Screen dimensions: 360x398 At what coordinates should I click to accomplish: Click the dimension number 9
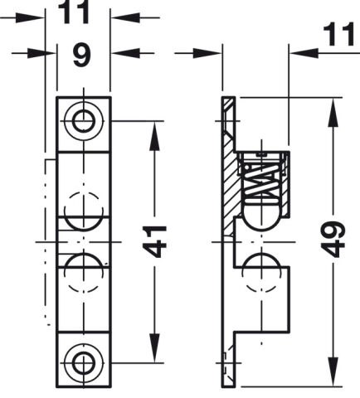(x=82, y=56)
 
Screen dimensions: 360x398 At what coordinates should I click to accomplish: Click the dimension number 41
(x=156, y=241)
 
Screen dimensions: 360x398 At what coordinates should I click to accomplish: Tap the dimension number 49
(x=334, y=239)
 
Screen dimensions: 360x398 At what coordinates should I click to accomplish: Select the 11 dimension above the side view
(x=339, y=34)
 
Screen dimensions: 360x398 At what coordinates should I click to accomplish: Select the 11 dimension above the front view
(x=74, y=12)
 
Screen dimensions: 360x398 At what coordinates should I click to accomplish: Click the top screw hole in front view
(x=84, y=121)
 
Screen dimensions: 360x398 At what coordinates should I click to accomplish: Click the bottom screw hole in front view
(x=84, y=362)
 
